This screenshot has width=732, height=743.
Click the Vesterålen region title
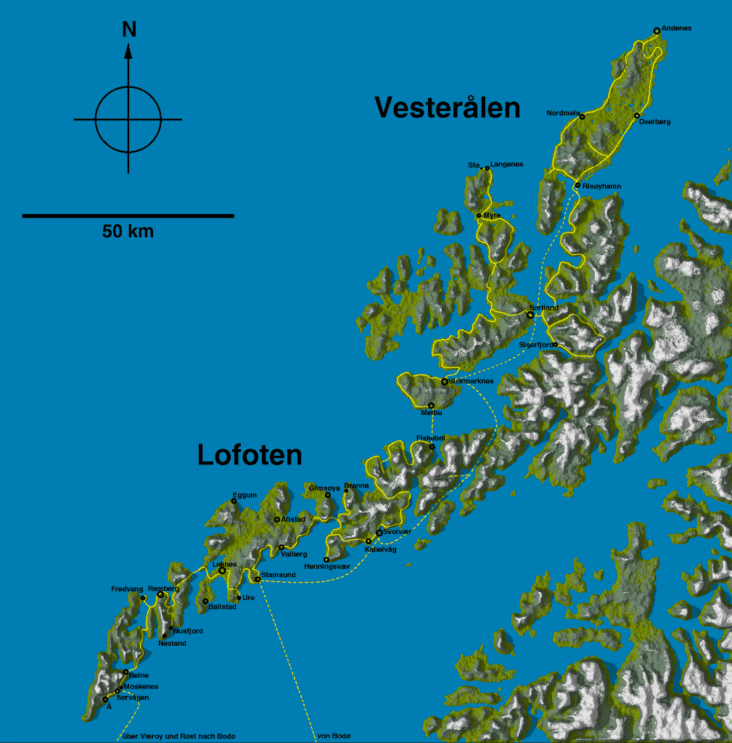point(448,107)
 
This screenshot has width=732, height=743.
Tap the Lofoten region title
point(250,455)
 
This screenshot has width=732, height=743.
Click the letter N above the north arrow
point(129,29)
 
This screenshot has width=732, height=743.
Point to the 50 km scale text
point(128,231)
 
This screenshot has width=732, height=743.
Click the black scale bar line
point(128,215)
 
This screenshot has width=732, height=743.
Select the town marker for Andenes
point(657,30)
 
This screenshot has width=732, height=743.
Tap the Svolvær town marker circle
point(379,533)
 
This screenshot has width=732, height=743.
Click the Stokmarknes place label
point(471,381)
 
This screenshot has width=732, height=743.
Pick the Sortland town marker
point(530,315)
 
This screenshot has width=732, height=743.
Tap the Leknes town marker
point(222,570)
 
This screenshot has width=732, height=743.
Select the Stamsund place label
point(278,575)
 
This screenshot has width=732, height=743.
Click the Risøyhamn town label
point(601,186)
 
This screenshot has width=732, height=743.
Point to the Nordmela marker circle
point(582,116)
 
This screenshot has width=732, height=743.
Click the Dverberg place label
point(655,122)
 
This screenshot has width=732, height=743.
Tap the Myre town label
point(492,215)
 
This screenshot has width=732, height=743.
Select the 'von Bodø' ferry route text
point(334,736)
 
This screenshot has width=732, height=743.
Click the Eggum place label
point(244,495)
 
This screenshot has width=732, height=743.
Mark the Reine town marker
point(126,671)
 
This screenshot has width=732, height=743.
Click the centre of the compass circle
point(128,119)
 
